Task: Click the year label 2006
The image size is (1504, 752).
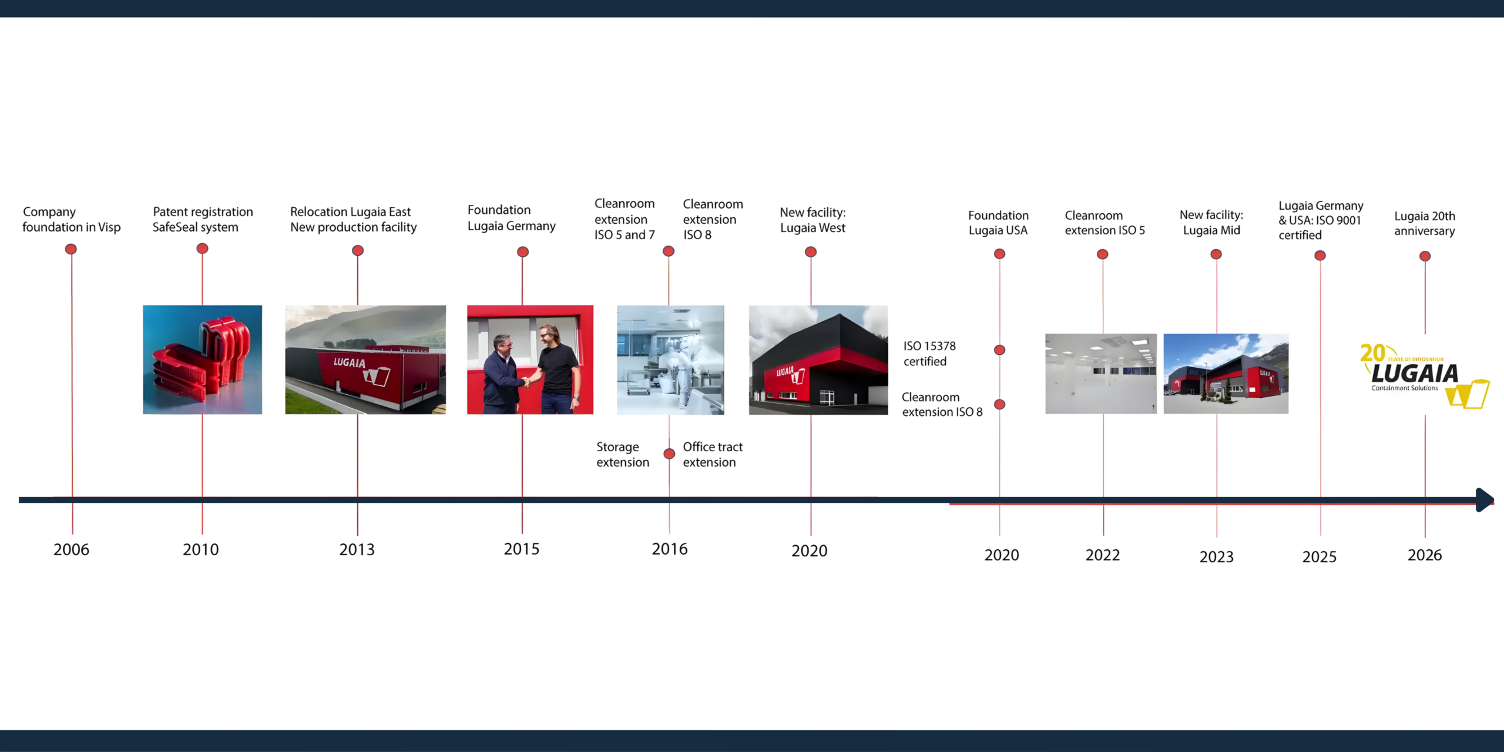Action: coord(71,549)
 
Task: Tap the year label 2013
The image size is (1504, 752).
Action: coord(357,549)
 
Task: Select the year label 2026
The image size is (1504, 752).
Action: coord(1424,555)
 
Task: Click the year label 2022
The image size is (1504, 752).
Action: coord(1102,555)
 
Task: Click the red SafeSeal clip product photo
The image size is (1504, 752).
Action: coord(202,360)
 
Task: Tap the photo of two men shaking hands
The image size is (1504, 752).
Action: coord(530,360)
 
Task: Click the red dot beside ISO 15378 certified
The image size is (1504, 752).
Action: coord(999,350)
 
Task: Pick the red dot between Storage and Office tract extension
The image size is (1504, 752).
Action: coord(669,454)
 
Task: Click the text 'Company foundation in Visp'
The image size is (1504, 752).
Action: coord(71,219)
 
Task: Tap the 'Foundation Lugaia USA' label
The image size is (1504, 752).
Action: coord(998,223)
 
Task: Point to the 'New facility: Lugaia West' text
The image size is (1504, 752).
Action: coord(813,220)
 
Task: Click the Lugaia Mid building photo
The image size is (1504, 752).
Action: coord(1226,374)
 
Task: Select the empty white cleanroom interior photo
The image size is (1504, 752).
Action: coord(1100,374)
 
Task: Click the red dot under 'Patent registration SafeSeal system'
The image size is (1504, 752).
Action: coord(202,249)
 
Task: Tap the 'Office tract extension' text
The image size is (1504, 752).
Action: coord(712,454)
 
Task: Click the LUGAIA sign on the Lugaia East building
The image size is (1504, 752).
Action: coord(350,362)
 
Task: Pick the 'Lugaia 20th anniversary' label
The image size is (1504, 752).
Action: coord(1425,223)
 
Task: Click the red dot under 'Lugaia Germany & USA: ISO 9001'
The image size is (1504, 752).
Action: coord(1320,256)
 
